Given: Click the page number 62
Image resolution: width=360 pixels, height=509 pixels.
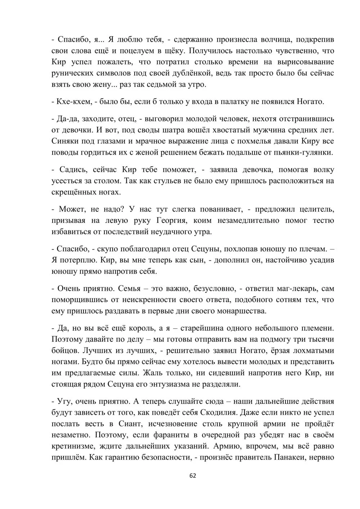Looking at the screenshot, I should coord(193,476).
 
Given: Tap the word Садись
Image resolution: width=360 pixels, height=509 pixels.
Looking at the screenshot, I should coord(71,170).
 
